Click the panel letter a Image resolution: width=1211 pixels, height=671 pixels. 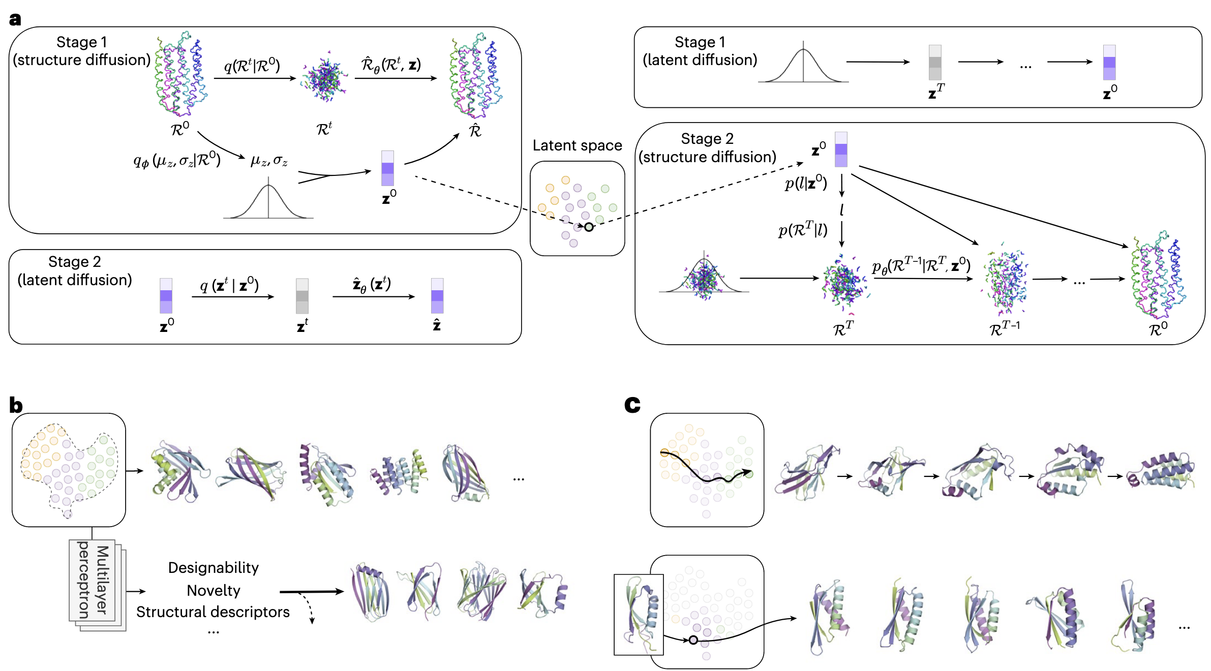coord(15,19)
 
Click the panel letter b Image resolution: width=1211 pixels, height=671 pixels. coord(16,405)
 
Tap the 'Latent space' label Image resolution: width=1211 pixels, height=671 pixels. coord(577,145)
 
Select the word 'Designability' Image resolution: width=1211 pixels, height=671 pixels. coord(213,567)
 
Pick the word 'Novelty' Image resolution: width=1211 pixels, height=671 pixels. coord(213,590)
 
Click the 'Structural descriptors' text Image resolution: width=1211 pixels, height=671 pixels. coord(213,612)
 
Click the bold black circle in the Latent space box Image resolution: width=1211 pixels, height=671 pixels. coord(589,227)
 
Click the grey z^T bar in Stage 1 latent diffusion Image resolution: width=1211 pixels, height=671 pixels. coord(935,63)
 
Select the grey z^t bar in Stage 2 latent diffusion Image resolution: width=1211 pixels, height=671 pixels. coord(302,296)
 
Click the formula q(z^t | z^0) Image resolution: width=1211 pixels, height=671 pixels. coord(229,285)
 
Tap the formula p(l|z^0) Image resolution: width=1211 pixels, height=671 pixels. coord(806,182)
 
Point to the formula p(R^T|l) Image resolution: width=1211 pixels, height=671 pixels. coord(803,230)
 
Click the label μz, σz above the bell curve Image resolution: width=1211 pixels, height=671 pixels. coord(269,161)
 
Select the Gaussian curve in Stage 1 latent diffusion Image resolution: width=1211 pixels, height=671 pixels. coord(803,64)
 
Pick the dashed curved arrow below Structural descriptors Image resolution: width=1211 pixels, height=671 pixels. coord(308,607)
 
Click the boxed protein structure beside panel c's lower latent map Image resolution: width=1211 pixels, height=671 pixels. coord(639,614)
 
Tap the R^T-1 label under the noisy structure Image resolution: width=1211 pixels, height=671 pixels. coord(1005,328)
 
